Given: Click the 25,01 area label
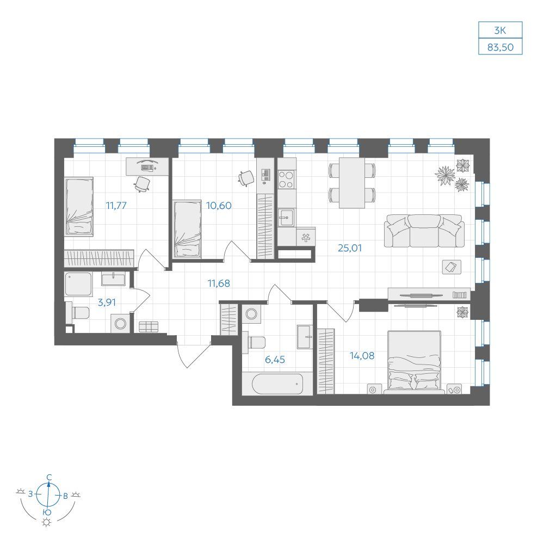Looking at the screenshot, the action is [350, 248].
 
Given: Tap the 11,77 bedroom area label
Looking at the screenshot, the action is [116, 206].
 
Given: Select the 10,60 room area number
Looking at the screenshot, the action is [219, 206].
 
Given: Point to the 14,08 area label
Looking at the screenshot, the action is [362, 356].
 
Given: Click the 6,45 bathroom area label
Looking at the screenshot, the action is [275, 360].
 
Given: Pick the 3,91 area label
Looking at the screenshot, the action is [107, 302].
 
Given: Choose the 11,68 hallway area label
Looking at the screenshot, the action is [219, 283].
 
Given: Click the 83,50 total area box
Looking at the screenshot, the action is [500, 47].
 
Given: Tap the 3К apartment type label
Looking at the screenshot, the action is [500, 30].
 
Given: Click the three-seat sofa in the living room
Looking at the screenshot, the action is [424, 231].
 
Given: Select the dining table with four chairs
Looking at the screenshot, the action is [352, 183].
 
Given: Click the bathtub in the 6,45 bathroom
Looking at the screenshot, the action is [277, 384].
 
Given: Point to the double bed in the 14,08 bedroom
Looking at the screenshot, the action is [414, 362].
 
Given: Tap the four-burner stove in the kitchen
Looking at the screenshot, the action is [287, 179].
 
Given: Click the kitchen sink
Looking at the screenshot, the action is [286, 218].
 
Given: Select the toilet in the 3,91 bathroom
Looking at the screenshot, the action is [78, 312].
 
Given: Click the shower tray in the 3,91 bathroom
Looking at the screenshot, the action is [78, 284].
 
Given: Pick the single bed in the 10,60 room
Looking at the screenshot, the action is [187, 229].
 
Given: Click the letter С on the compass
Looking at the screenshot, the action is [50, 477].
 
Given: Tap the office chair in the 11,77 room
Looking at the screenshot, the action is [142, 184].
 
